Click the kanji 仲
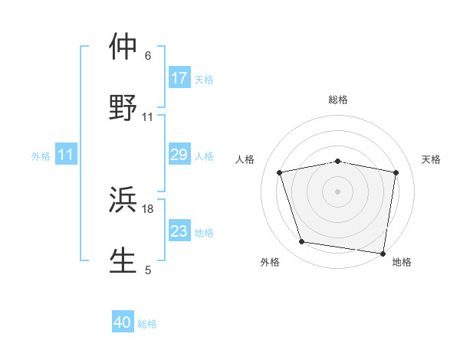click(x=123, y=47)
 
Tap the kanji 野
click(x=123, y=106)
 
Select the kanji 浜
click(x=123, y=201)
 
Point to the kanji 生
click(x=123, y=260)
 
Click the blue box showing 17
click(x=179, y=77)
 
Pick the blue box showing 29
click(x=179, y=155)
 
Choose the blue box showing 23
click(x=179, y=231)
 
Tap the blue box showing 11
click(x=66, y=155)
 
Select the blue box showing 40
click(x=123, y=322)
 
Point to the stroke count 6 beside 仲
click(x=148, y=55)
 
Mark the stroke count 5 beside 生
click(x=148, y=270)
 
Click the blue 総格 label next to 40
click(x=147, y=324)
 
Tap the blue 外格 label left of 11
click(x=41, y=156)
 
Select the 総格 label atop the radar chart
click(x=338, y=100)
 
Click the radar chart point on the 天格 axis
click(x=396, y=172)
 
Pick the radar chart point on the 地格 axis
click(x=383, y=253)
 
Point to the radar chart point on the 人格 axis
click(x=280, y=172)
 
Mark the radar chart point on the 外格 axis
click(x=302, y=242)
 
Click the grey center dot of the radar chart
click(x=338, y=191)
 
